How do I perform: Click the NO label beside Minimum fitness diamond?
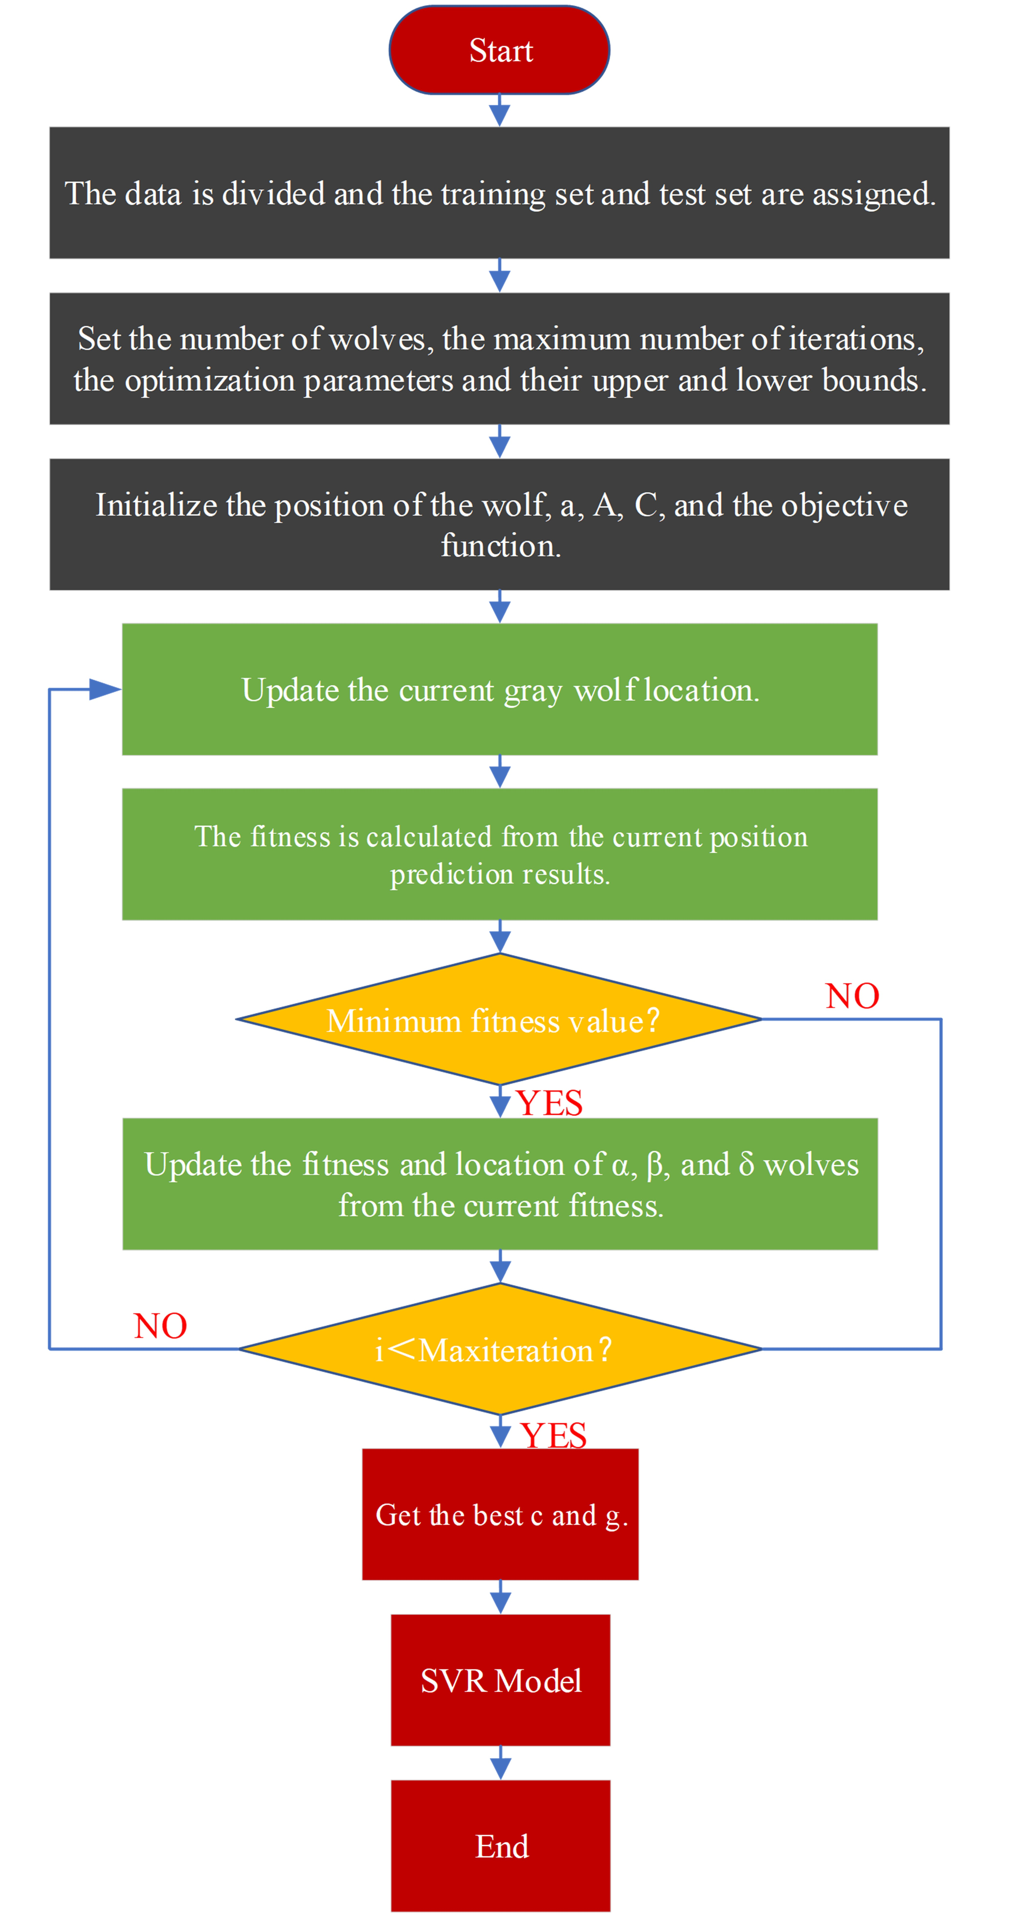(x=852, y=995)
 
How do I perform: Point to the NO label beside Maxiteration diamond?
(x=160, y=1326)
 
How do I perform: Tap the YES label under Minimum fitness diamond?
(x=549, y=1102)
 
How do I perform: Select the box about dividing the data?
(x=499, y=193)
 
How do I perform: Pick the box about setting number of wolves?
(x=499, y=359)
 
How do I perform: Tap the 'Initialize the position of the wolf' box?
(x=499, y=524)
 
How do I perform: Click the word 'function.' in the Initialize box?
(x=500, y=546)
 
